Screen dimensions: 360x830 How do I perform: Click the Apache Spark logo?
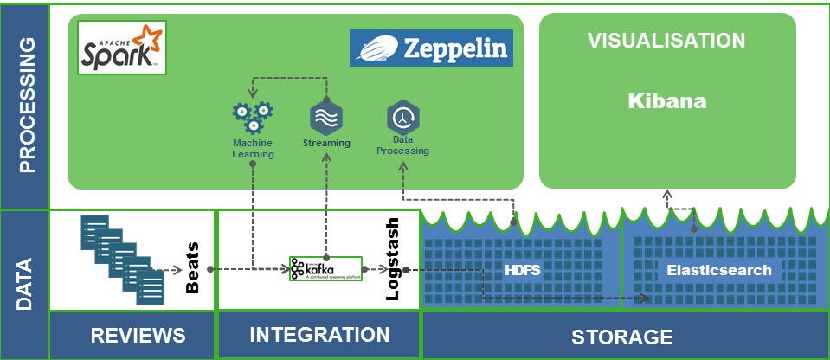click(x=119, y=46)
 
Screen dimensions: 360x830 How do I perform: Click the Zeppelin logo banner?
click(x=431, y=48)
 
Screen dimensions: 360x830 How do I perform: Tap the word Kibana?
click(x=667, y=101)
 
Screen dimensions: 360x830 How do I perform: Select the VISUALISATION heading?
click(x=666, y=41)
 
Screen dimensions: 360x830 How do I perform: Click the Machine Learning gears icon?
click(x=252, y=114)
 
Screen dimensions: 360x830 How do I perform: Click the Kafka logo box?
click(x=325, y=269)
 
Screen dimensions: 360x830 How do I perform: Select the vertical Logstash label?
click(x=391, y=259)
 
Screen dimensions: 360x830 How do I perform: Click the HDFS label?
click(x=522, y=270)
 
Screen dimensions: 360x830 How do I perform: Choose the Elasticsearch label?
click(x=718, y=270)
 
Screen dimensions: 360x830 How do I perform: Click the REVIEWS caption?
click(x=138, y=336)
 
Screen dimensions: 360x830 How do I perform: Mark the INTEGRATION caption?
click(x=319, y=335)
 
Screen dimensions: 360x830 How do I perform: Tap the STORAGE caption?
click(x=622, y=337)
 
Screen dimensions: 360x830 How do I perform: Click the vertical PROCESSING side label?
click(x=26, y=104)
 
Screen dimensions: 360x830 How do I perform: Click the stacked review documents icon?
click(x=121, y=257)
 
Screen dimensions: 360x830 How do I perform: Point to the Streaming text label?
click(x=326, y=143)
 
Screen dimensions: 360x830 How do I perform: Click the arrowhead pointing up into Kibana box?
click(x=667, y=193)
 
